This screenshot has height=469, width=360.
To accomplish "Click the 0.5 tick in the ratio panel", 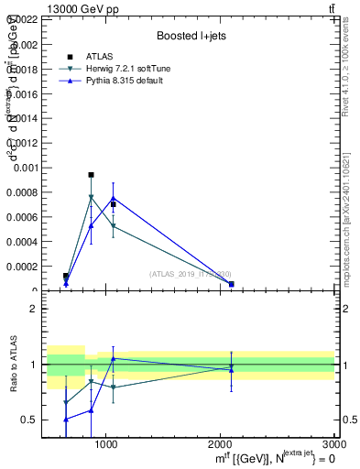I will pyautogui.click(x=29, y=420).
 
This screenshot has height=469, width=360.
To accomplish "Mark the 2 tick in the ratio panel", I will pyautogui.click(x=33, y=309).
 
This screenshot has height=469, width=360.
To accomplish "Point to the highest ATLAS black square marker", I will pyautogui.click(x=91, y=174).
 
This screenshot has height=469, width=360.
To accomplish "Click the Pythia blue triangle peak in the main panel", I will pyautogui.click(x=113, y=198).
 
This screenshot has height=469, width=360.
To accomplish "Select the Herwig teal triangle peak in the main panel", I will pyautogui.click(x=91, y=197).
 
